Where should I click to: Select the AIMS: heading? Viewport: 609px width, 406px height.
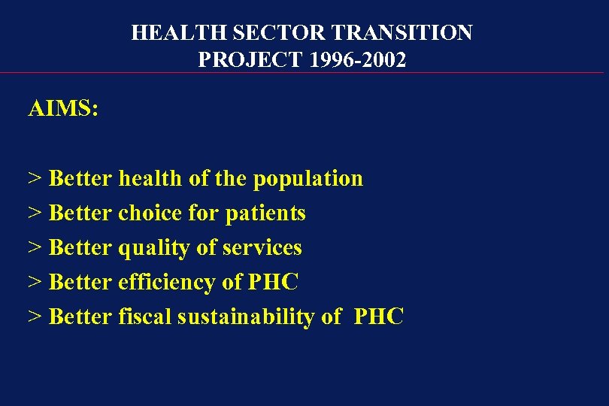pos(63,109)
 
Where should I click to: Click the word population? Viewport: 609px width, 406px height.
pos(308,179)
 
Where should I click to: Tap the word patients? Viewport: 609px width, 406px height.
pos(265,214)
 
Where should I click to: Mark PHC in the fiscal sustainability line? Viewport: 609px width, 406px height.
pos(378,317)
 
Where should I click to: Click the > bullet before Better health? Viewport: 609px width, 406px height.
pos(35,179)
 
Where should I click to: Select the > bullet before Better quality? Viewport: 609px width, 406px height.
pos(35,248)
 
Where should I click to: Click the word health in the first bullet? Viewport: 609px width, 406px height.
pos(150,179)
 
